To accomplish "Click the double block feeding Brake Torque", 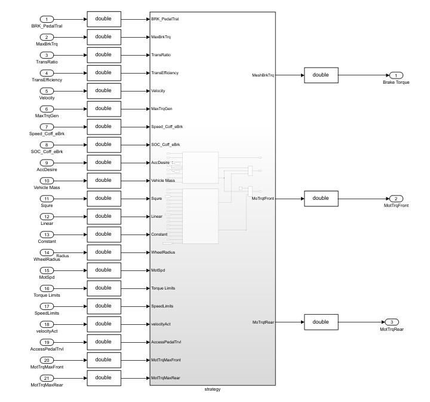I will click(x=321, y=75).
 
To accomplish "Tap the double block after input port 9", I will click(x=103, y=162).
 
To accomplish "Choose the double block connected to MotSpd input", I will click(x=103, y=270).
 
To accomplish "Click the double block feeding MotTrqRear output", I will click(x=321, y=322).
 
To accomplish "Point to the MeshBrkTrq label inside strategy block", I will click(x=263, y=76).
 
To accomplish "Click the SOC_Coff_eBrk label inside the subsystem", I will click(x=165, y=145).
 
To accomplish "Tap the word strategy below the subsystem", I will click(x=212, y=389).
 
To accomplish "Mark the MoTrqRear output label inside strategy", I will click(x=263, y=322).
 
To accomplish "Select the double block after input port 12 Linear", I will click(x=103, y=216).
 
